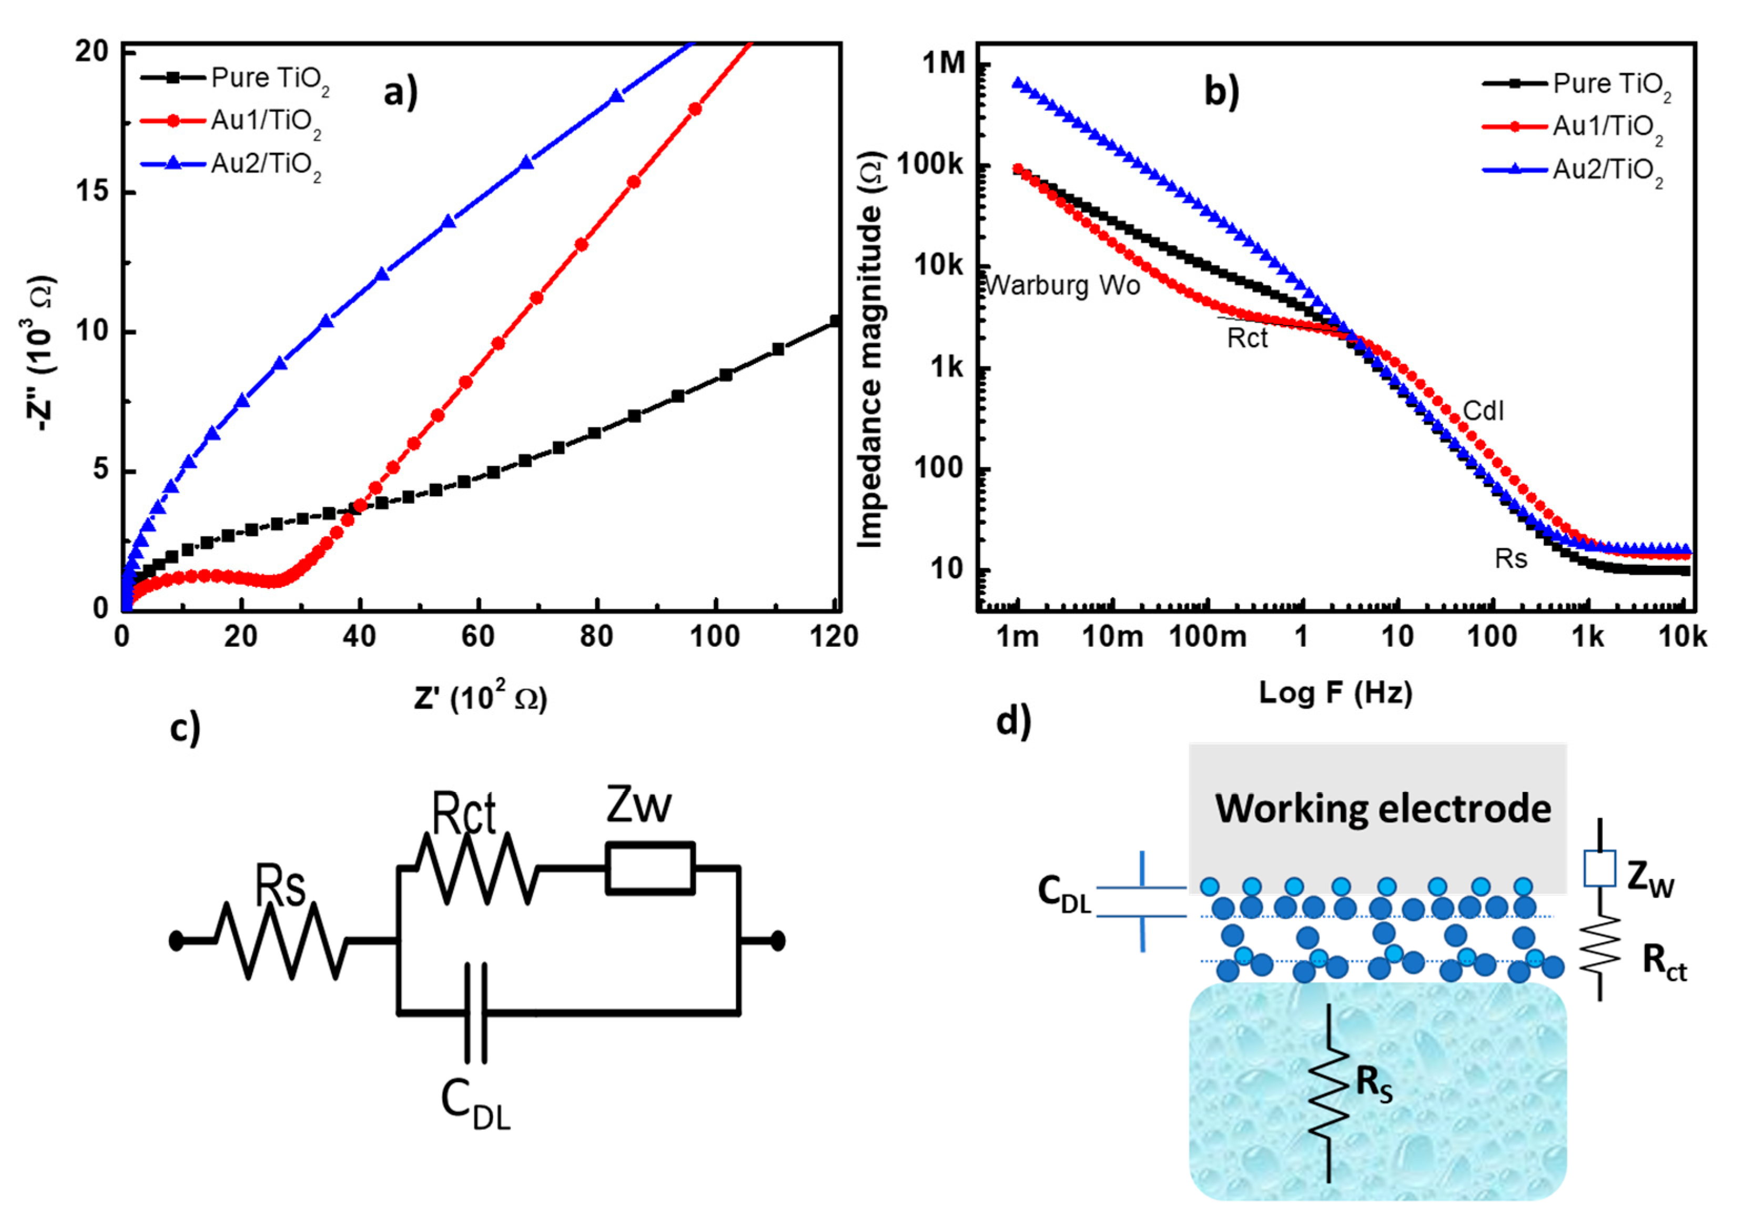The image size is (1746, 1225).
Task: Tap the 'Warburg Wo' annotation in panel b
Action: pos(1063,286)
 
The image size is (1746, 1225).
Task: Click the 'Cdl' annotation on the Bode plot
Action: pos(1483,411)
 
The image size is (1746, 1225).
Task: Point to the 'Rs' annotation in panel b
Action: pos(1510,559)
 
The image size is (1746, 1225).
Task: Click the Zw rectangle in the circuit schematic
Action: pos(650,867)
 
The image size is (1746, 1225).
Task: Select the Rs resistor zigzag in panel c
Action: pos(281,941)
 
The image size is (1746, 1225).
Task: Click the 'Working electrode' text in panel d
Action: pos(1383,808)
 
